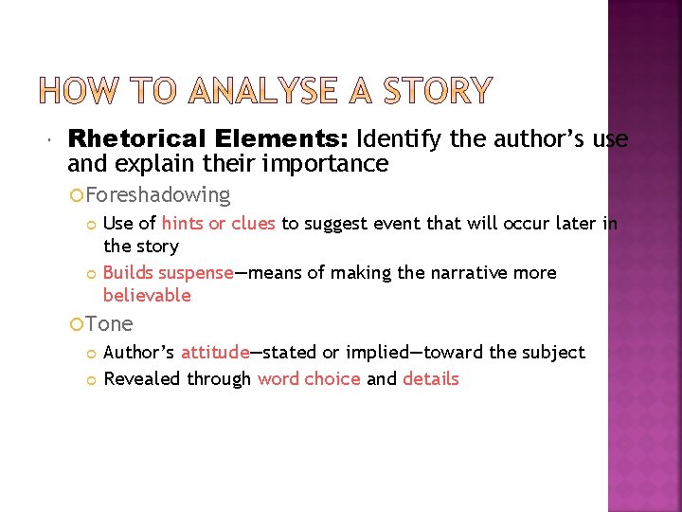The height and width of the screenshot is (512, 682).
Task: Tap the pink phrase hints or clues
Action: [x=219, y=224]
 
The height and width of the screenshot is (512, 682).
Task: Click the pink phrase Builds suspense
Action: [x=168, y=273]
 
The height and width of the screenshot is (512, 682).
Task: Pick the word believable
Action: [x=147, y=295]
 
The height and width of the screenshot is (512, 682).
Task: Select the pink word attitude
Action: [x=215, y=353]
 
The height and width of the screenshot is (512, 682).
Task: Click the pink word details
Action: [x=431, y=379]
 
